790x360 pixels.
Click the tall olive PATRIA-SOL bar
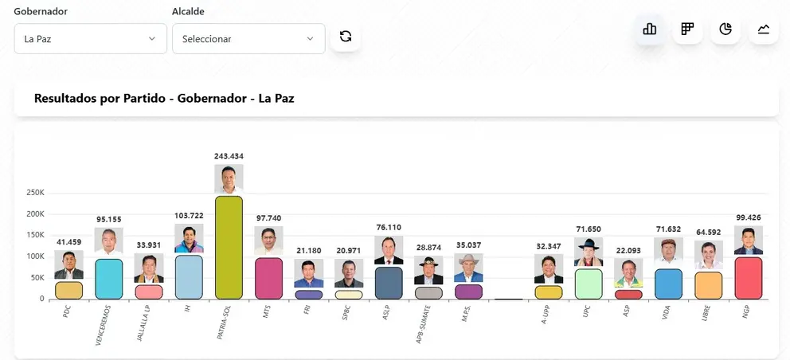229,248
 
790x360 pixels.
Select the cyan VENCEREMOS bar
109,280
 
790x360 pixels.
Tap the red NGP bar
748,278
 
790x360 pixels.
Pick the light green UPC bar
589,284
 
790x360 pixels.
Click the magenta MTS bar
268,279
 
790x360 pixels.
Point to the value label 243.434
229,156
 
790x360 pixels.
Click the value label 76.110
389,228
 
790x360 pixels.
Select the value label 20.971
349,251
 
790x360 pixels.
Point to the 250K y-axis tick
35,193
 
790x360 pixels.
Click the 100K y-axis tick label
35,256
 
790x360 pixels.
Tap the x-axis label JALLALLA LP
143,323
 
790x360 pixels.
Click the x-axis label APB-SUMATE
423,323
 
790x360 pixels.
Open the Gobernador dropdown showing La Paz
91,39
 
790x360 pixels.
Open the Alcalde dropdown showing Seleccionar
249,39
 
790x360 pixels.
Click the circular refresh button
346,37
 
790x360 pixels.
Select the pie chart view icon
725,29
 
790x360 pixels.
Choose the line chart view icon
764,29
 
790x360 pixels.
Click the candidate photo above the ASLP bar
389,250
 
